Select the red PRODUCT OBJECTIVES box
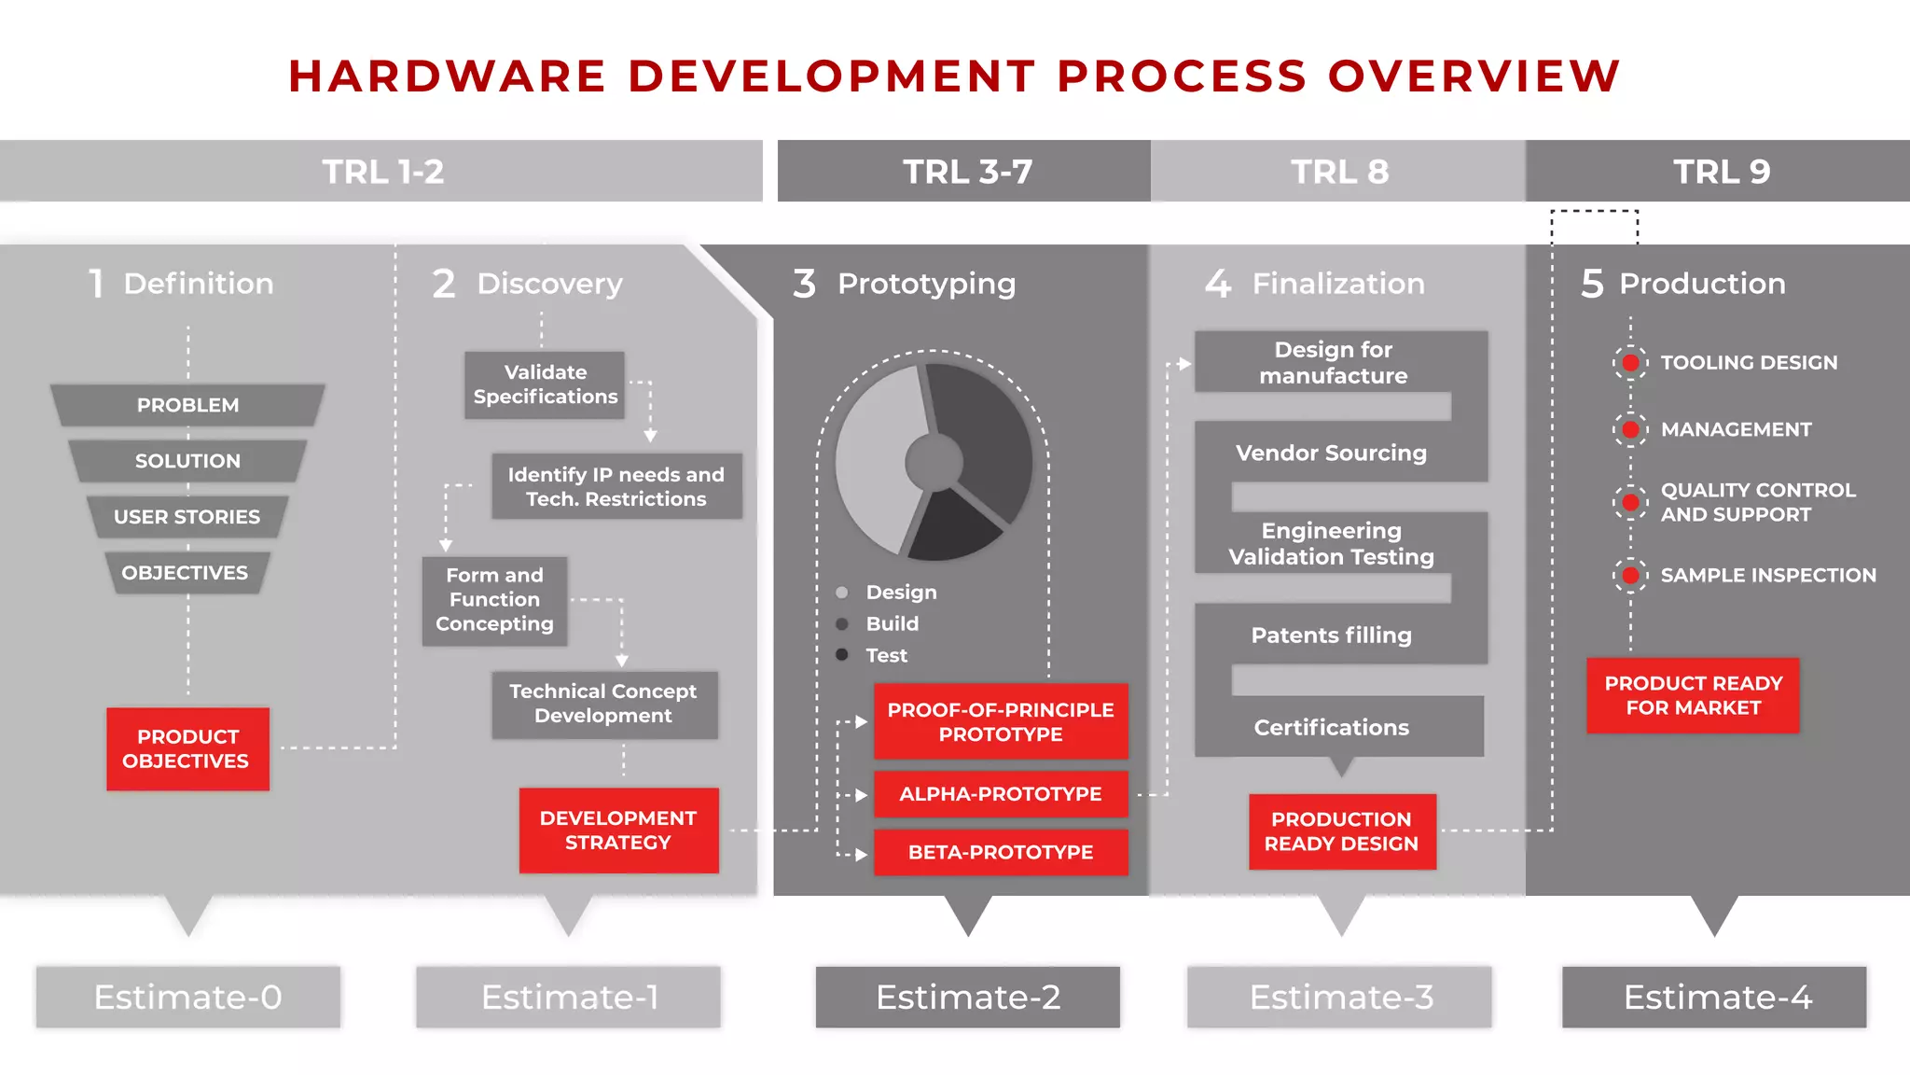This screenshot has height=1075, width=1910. point(187,748)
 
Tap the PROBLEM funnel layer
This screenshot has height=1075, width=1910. point(187,405)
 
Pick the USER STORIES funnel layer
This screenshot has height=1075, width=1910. point(187,516)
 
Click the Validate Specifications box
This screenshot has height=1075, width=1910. point(545,384)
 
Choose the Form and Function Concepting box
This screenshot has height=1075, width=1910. point(494,600)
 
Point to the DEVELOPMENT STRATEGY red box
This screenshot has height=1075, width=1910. point(618,830)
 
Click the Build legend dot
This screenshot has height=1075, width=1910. point(842,623)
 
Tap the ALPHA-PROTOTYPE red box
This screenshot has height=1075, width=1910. point(1000,794)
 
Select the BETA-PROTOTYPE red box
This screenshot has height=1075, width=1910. point(1000,852)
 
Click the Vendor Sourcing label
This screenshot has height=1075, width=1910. point(1331,453)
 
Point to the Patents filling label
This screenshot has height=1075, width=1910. point(1331,635)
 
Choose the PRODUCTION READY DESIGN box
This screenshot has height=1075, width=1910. point(1341,831)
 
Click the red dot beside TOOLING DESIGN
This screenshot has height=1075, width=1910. point(1630,362)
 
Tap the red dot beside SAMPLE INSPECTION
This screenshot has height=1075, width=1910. point(1630,575)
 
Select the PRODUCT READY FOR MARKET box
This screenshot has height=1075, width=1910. point(1693,695)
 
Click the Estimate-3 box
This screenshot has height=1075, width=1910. point(1340,997)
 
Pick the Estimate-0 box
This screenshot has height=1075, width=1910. point(187,997)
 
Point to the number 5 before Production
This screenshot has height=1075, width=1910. point(1592,284)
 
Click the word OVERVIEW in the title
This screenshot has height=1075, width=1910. point(1474,76)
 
